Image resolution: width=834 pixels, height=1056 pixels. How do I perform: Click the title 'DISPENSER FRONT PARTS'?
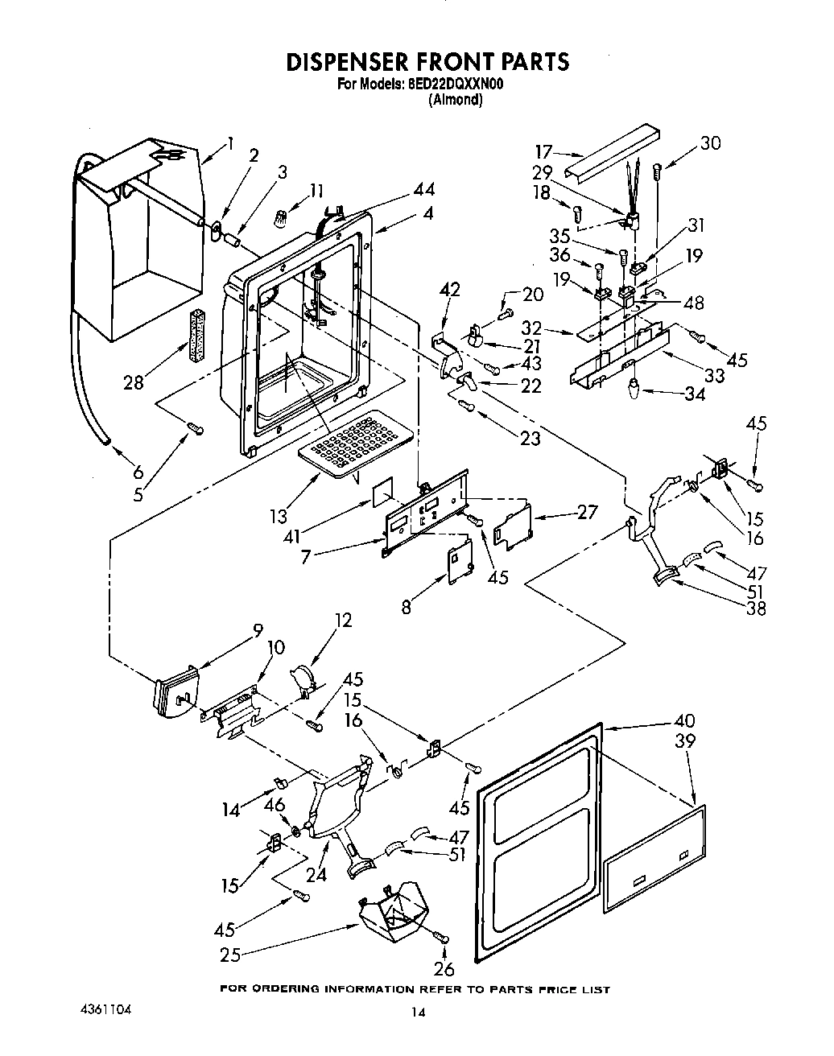pyautogui.click(x=427, y=62)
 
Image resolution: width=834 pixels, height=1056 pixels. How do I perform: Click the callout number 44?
pyautogui.click(x=423, y=189)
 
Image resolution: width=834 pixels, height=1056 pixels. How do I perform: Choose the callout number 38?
pyautogui.click(x=755, y=608)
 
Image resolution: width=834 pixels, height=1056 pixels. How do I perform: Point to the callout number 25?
pyautogui.click(x=230, y=955)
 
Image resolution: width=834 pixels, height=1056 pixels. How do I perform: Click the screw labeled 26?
pyautogui.click(x=441, y=937)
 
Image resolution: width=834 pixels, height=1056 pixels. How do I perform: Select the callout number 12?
pyautogui.click(x=343, y=621)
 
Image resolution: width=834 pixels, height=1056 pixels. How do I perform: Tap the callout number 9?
pyautogui.click(x=258, y=631)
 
